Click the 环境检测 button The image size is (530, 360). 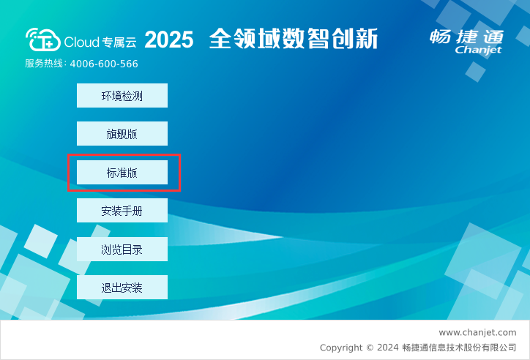pos(122,96)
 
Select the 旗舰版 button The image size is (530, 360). pos(122,134)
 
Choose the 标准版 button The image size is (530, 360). pos(122,173)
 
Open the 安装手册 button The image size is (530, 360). pos(122,211)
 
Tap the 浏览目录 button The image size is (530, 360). pos(122,250)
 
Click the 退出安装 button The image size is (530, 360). pos(122,288)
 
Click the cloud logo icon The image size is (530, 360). pos(43,40)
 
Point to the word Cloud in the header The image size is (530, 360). pos(81,42)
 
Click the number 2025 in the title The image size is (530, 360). pos(169,40)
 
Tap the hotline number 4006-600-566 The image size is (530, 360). pos(104,64)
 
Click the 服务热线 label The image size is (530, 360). pos(44,64)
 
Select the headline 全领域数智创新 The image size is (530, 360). pos(294,39)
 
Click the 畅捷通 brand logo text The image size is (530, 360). pos(467,37)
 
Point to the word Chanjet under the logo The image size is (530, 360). pos(478,50)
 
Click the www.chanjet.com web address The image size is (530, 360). pos(477,333)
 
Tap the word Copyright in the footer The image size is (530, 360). pos(341,348)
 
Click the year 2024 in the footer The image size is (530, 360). pos(388,348)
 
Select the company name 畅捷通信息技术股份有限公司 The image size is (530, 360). pos(459,348)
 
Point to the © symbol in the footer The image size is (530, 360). pos(370,348)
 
